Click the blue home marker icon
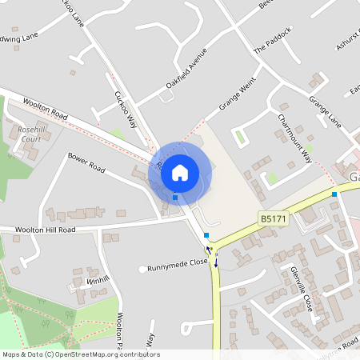point(180,172)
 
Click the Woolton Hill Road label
point(45,230)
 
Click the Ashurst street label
point(348,36)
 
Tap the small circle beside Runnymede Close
point(142,269)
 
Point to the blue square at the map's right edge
point(334,194)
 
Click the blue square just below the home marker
point(175,197)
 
